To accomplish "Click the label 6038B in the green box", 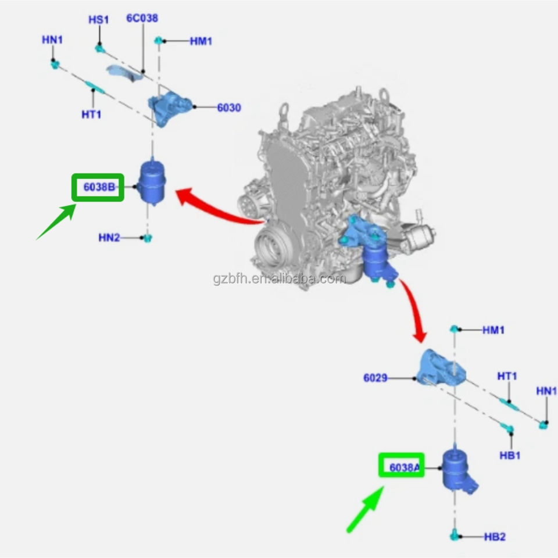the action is [x=98, y=187].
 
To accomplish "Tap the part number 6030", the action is [x=228, y=108].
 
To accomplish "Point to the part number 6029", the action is [x=375, y=378].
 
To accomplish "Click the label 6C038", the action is [x=142, y=18].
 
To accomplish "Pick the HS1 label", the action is [x=98, y=20].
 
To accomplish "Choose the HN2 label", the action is [x=109, y=237].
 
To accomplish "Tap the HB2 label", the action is [x=495, y=536].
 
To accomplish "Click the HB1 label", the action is [x=510, y=455].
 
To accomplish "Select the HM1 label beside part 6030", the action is [x=201, y=41].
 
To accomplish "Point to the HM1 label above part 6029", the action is [x=493, y=330].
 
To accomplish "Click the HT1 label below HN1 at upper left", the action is [x=91, y=115].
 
